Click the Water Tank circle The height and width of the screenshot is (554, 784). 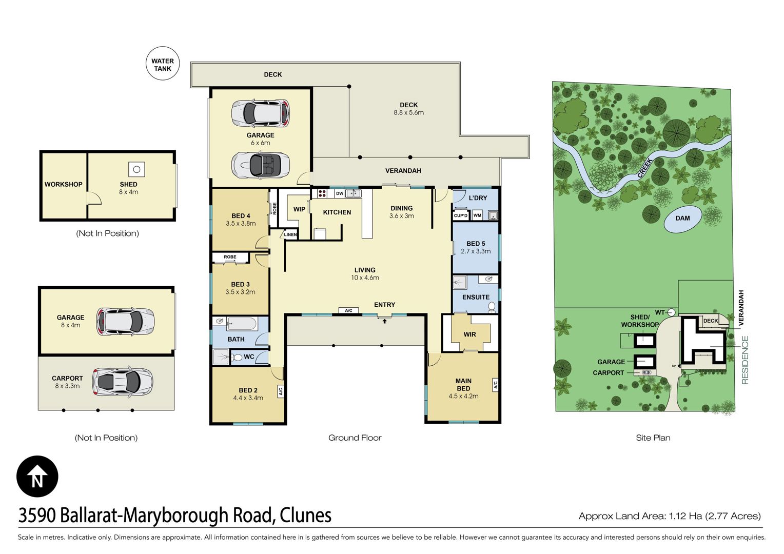coord(163,63)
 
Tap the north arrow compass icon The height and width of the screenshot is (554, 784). coord(37,477)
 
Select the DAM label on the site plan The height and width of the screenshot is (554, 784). coord(682,219)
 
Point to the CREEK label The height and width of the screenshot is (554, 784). coord(645,168)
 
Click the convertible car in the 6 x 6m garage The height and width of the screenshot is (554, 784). coord(260,166)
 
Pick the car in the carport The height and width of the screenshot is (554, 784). coord(123,381)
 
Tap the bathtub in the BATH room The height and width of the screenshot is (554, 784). coord(243,324)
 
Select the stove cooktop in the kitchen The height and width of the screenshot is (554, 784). coord(322,193)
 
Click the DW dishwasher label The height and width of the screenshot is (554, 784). coord(340,193)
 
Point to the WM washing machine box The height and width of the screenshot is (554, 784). coord(477,215)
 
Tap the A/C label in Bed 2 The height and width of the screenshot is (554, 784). coord(280,391)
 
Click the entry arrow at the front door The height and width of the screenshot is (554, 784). coord(384,321)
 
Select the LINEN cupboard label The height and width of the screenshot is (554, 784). coord(290,234)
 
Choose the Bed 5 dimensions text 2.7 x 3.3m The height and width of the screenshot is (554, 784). coord(476,251)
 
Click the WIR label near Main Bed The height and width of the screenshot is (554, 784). coord(469,334)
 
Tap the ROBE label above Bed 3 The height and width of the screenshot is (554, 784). coord(230,257)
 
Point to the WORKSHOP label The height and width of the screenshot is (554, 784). coord(63,185)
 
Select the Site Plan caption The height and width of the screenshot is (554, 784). coord(653,438)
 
